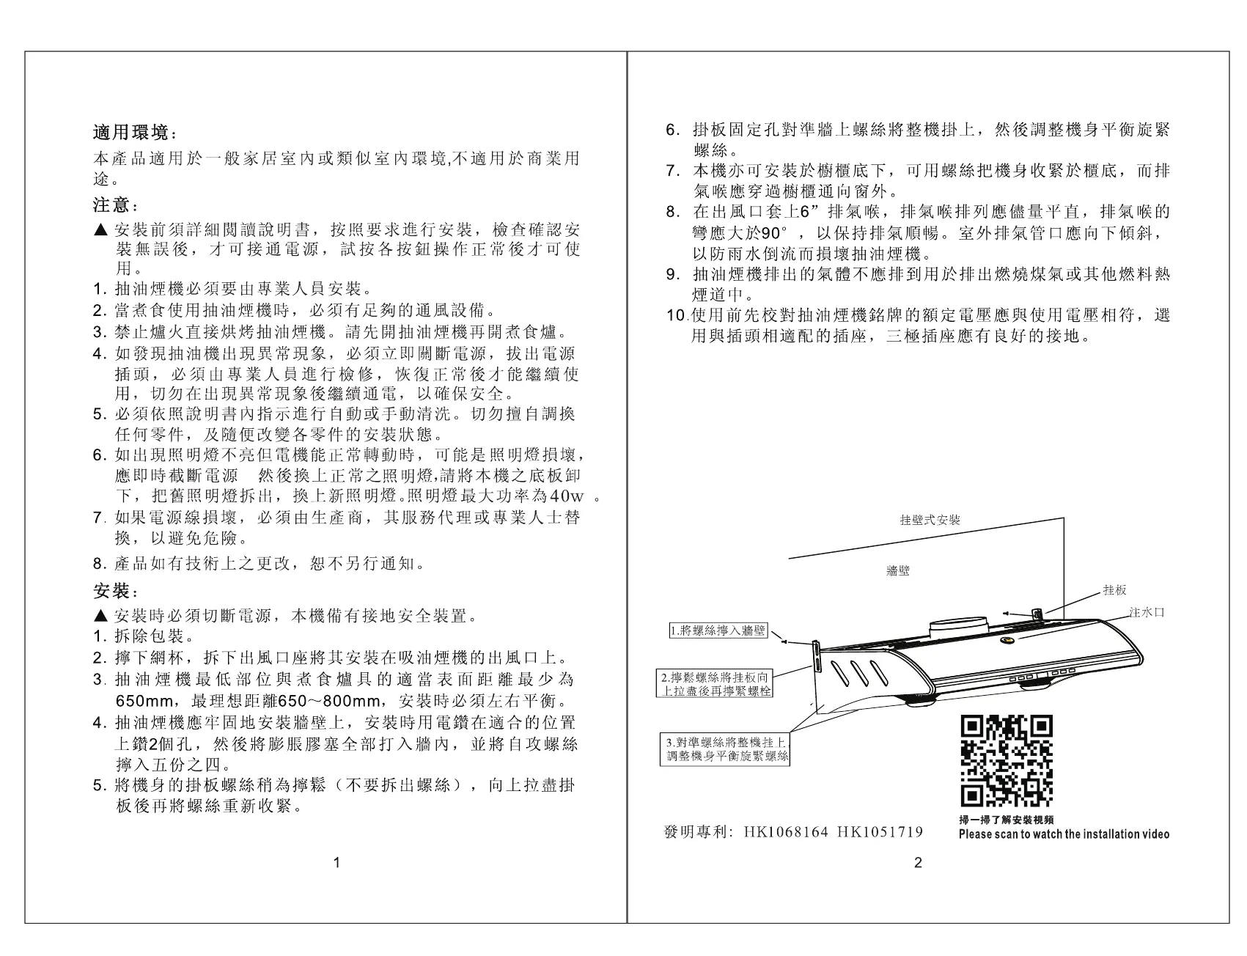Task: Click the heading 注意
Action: [111, 203]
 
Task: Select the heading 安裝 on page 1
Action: [111, 591]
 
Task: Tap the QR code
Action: [1006, 760]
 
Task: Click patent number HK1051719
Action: [879, 832]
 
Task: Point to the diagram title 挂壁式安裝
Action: [930, 520]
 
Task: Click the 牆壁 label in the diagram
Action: [897, 571]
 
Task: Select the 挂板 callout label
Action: [1114, 590]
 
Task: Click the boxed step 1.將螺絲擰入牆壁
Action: [718, 630]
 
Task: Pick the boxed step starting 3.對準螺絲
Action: [724, 750]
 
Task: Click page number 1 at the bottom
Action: [336, 863]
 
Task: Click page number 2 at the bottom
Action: [918, 863]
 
